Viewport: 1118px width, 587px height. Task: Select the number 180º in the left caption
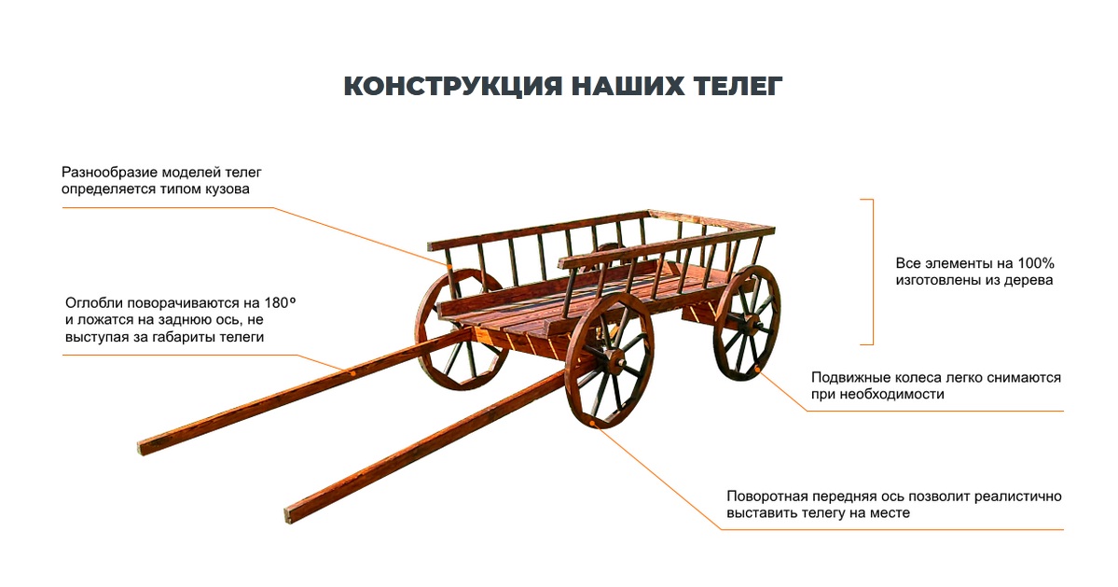(280, 302)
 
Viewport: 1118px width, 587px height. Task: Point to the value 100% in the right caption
(1036, 263)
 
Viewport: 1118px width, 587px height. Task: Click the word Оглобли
(93, 303)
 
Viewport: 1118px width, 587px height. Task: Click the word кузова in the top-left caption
(226, 189)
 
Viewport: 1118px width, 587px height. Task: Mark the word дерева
(1028, 281)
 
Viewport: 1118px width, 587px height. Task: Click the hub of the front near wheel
(611, 360)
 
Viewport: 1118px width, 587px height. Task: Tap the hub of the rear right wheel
(749, 323)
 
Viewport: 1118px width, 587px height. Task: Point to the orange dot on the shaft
(352, 372)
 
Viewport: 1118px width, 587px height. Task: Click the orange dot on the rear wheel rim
(757, 369)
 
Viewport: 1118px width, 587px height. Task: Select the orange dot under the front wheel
(598, 426)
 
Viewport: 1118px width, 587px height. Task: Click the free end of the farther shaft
(143, 448)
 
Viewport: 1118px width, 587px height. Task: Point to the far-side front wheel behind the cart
(461, 329)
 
